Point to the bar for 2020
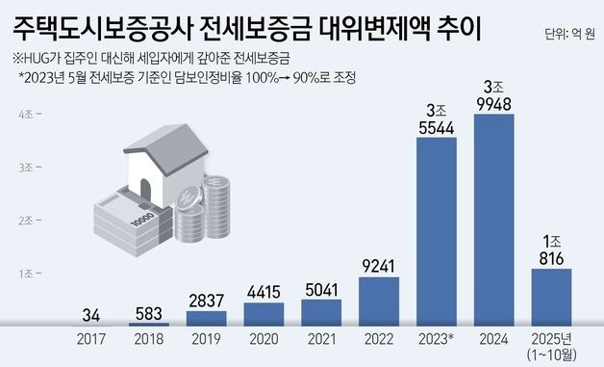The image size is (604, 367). [x=264, y=315]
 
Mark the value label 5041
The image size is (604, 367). [x=321, y=286]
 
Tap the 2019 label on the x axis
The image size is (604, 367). [x=206, y=338]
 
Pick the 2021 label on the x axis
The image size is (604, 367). [x=321, y=338]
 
